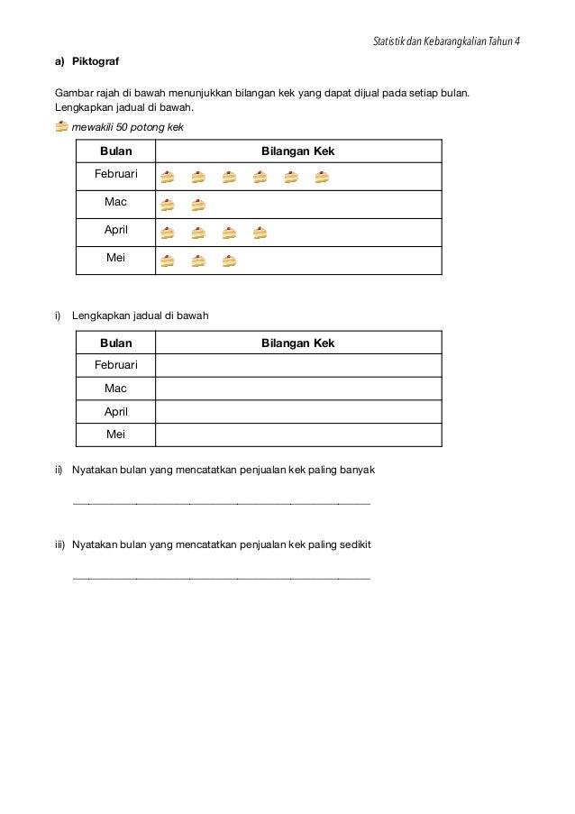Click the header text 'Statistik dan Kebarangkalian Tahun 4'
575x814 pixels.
click(446, 42)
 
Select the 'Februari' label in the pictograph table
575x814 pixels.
click(115, 173)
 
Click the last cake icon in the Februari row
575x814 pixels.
click(323, 178)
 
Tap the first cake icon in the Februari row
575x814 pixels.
click(168, 178)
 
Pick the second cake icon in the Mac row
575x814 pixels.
click(198, 206)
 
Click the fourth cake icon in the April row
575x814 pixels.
click(260, 233)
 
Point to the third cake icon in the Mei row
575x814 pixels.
click(230, 261)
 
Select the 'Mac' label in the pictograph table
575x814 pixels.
click(115, 202)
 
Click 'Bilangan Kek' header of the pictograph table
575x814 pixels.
click(297, 151)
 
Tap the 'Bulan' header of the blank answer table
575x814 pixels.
click(115, 343)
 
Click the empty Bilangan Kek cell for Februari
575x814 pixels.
click(297, 365)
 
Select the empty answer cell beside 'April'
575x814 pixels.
click(297, 412)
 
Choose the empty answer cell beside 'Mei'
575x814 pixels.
click(297, 434)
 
